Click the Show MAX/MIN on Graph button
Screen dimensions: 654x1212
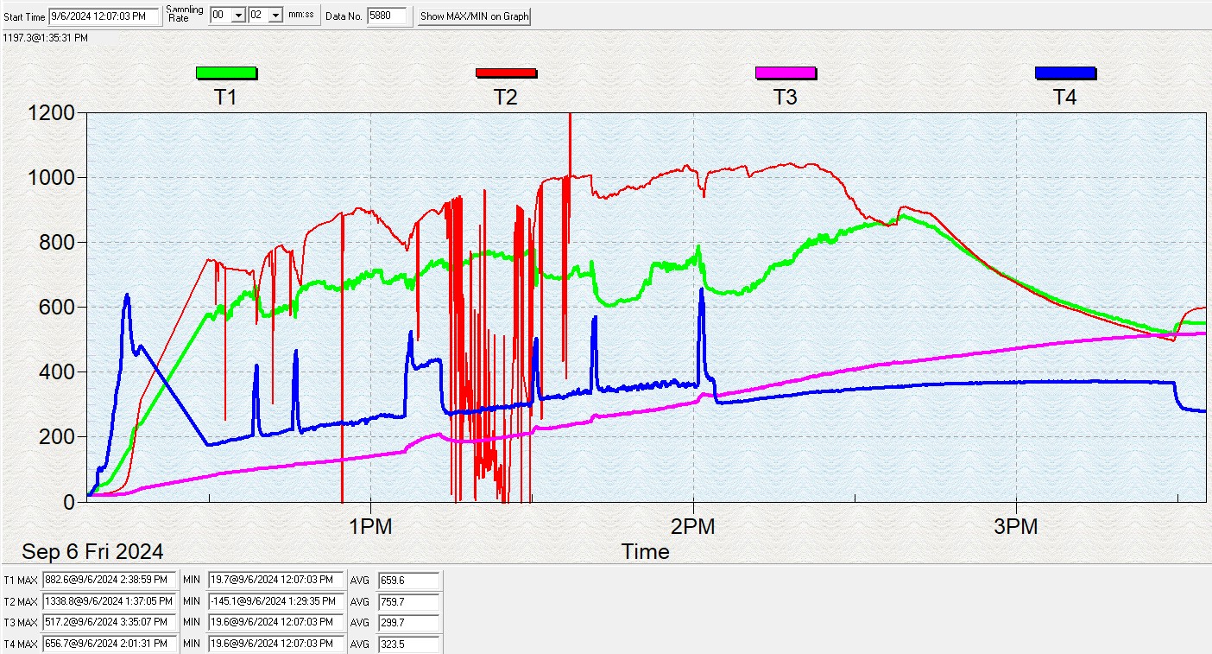click(x=474, y=16)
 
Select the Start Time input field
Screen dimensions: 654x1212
click(x=104, y=16)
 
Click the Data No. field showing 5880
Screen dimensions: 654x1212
click(x=386, y=16)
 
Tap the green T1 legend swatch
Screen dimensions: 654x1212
click(x=226, y=73)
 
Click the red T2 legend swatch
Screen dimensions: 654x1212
click(x=506, y=73)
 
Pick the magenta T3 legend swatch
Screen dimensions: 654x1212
click(x=786, y=73)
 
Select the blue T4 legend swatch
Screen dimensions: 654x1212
click(x=1065, y=73)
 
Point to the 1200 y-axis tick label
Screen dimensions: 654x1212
click(x=52, y=113)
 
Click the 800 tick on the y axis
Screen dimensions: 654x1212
click(x=58, y=243)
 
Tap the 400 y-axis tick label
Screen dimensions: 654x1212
click(x=58, y=372)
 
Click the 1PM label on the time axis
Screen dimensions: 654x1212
click(x=370, y=526)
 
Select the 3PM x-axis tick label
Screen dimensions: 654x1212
click(x=1016, y=526)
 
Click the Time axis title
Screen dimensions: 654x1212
click(x=645, y=551)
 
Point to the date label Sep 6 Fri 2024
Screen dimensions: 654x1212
click(x=92, y=551)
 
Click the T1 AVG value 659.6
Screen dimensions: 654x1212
click(x=408, y=581)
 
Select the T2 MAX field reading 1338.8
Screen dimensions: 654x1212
click(x=110, y=601)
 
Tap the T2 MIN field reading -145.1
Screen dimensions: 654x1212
click(x=274, y=601)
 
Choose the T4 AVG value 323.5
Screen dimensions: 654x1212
click(x=408, y=644)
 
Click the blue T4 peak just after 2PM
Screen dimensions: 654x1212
click(x=701, y=290)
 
